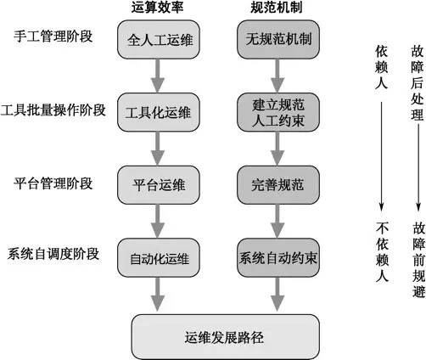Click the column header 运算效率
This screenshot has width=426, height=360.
tap(157, 7)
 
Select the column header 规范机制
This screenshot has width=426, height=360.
tap(277, 7)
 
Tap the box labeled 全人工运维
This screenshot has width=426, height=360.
tap(159, 39)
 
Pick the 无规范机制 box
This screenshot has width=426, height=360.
tap(278, 39)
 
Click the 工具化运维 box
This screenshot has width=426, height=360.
tap(159, 112)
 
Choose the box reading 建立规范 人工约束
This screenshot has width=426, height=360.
tap(278, 112)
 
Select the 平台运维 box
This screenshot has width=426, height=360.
tap(159, 185)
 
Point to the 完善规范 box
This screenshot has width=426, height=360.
tap(278, 185)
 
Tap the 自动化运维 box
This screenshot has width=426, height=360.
tap(159, 257)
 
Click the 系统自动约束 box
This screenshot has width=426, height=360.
tap(278, 257)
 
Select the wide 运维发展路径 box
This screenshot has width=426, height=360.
tap(226, 337)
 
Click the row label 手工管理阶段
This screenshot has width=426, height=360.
tap(53, 37)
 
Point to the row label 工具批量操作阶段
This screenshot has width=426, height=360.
tap(53, 110)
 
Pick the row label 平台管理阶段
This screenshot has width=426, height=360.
tap(53, 183)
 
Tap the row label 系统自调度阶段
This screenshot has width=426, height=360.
tap(53, 254)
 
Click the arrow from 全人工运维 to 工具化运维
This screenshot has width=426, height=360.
tap(158, 76)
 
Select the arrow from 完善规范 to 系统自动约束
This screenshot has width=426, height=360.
tap(277, 221)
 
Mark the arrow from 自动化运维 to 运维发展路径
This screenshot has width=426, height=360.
tap(158, 295)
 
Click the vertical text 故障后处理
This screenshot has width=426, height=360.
tap(418, 83)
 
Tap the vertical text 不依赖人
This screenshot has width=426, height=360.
tap(382, 251)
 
